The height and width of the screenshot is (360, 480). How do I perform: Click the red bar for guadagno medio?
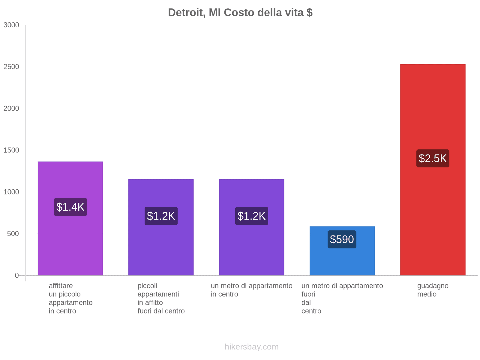pos(433,210)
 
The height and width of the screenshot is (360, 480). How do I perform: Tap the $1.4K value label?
pos(70,207)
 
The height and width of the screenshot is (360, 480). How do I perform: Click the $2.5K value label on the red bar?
pos(433,158)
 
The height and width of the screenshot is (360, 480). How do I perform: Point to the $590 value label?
pos(342,239)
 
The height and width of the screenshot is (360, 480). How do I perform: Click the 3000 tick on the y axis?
pos(11,25)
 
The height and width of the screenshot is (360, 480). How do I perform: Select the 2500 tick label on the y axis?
pos(11,67)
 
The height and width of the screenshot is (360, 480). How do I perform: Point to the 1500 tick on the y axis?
pos(11,150)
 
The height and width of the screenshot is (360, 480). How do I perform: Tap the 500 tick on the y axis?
pos(13,234)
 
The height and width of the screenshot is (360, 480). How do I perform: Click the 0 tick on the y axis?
pos(17,275)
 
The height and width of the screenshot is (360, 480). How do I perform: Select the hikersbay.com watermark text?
pos(251,347)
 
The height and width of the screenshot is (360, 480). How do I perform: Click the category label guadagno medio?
pos(433,290)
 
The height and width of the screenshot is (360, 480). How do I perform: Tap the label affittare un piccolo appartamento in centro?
pos(70,298)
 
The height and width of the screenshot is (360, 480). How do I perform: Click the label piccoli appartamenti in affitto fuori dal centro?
pos(161,298)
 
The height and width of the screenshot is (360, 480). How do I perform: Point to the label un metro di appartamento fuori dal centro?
pos(342,298)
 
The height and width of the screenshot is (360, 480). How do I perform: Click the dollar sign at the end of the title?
pos(310,13)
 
